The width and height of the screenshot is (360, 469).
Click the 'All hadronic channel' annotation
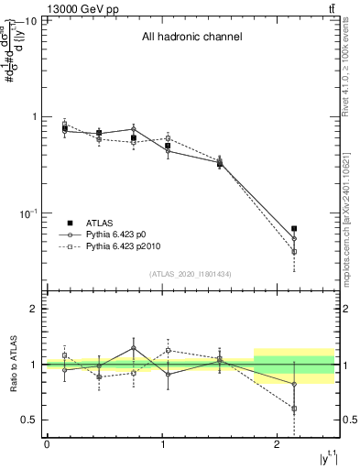(x=191, y=37)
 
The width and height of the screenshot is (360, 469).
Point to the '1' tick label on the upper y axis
(x=36, y=116)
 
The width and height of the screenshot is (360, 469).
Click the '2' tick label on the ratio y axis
(x=36, y=310)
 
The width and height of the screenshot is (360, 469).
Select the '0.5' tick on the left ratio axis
(x=30, y=420)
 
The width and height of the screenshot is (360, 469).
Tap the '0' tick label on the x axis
(x=47, y=444)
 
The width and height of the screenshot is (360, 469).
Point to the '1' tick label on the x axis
(x=162, y=444)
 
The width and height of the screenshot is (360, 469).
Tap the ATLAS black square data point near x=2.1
(x=294, y=228)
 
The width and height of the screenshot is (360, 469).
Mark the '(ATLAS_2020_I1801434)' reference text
(x=191, y=274)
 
